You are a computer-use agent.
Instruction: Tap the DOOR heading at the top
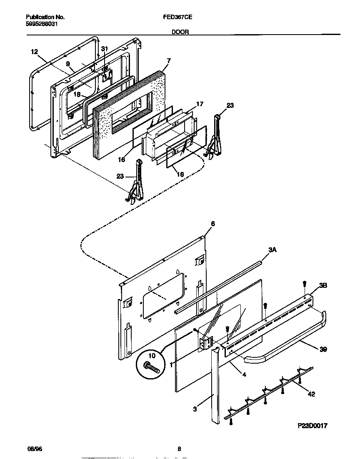[x=180, y=31]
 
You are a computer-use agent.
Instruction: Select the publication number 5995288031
[x=42, y=24]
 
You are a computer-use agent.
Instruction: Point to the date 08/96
[x=32, y=449]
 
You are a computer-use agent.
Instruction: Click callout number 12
[x=35, y=52]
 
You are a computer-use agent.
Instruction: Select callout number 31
[x=105, y=49]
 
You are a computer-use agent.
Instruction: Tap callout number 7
[x=168, y=61]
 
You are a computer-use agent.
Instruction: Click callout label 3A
[x=272, y=250]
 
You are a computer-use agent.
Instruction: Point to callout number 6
[x=212, y=224]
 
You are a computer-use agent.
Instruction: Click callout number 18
[x=77, y=94]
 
